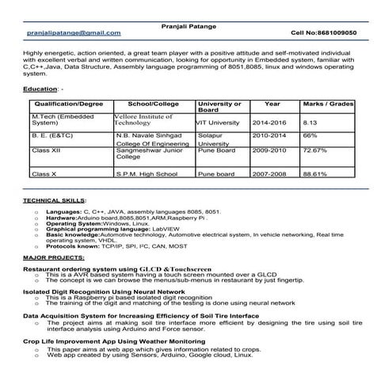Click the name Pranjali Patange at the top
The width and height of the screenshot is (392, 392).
[195, 24]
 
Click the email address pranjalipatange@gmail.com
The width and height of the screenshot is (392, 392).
[74, 33]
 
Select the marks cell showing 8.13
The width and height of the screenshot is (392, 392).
[311, 124]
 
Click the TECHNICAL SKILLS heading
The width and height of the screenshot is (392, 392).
[55, 201]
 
